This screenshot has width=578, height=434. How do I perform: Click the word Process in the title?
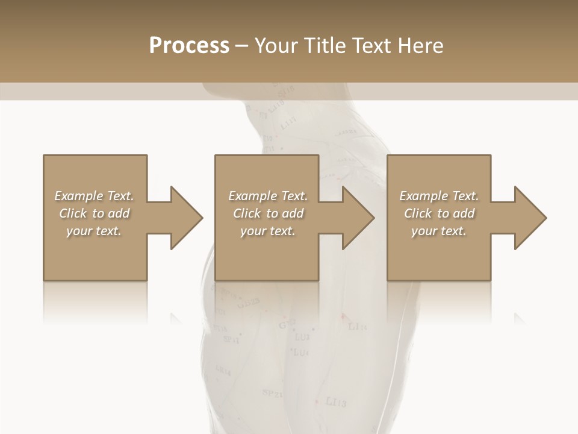[189, 45]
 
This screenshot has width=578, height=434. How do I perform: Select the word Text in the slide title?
[371, 45]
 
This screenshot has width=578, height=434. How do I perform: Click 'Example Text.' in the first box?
[94, 196]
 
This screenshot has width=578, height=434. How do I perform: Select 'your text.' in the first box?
[94, 231]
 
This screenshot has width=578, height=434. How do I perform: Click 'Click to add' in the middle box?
[268, 213]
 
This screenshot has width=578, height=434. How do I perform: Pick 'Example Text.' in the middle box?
[268, 196]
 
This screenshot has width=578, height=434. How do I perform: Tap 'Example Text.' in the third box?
[439, 196]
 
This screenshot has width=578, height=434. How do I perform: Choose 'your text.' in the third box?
[439, 231]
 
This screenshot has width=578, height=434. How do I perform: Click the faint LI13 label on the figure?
[335, 401]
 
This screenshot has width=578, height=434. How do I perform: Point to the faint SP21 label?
[272, 393]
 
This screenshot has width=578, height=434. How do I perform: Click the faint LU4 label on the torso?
[300, 352]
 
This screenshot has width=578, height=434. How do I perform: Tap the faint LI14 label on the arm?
[358, 327]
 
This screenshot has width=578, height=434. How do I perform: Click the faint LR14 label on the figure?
[222, 371]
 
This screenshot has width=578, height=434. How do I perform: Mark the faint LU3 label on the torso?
[302, 338]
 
